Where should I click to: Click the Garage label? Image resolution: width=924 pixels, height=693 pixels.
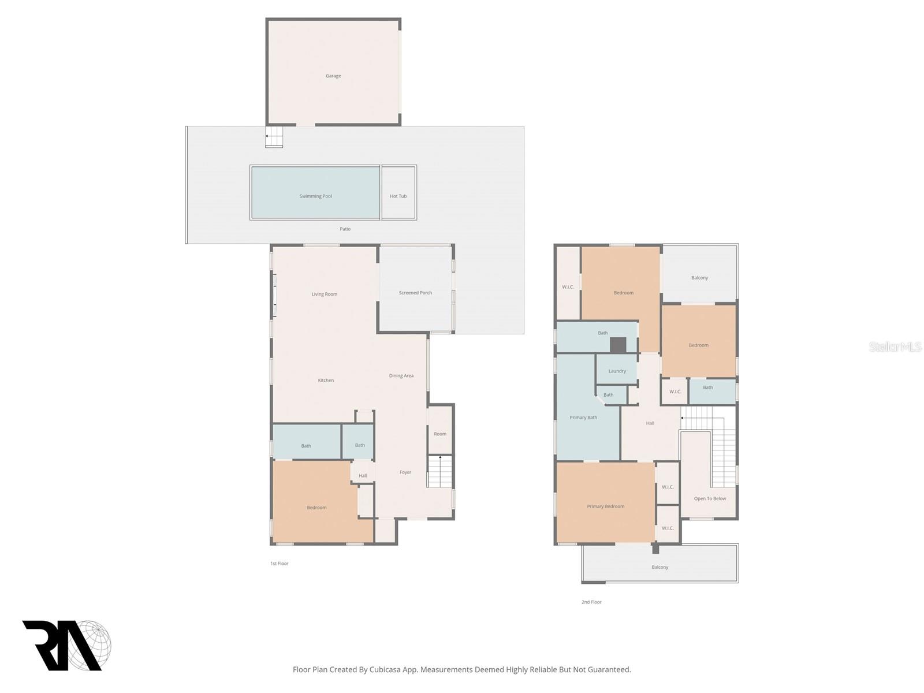pyautogui.click(x=333, y=76)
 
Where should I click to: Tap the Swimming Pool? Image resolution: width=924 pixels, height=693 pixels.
pyautogui.click(x=315, y=196)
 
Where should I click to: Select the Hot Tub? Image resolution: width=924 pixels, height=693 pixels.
pyautogui.click(x=398, y=196)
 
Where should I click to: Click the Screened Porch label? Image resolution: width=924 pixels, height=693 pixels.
pyautogui.click(x=415, y=293)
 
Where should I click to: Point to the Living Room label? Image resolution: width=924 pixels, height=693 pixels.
pyautogui.click(x=324, y=294)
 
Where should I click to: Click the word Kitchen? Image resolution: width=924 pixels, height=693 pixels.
pyautogui.click(x=326, y=380)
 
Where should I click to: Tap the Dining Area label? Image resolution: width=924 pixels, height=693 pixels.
pyautogui.click(x=401, y=375)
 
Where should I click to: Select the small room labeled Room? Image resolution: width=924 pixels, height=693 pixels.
pyautogui.click(x=440, y=434)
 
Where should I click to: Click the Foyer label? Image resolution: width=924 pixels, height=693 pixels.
pyautogui.click(x=405, y=472)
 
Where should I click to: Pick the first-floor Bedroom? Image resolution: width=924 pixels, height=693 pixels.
pyautogui.click(x=316, y=507)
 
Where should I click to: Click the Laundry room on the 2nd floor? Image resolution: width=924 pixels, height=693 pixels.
pyautogui.click(x=617, y=371)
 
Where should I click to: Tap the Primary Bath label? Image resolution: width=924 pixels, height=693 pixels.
pyautogui.click(x=583, y=417)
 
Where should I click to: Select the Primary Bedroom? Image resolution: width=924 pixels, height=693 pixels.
pyautogui.click(x=605, y=506)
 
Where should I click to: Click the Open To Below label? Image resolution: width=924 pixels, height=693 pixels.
pyautogui.click(x=710, y=498)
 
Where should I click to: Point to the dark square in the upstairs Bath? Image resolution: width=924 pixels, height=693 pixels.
pyautogui.click(x=618, y=345)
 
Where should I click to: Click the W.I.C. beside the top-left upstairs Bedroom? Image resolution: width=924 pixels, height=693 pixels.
pyautogui.click(x=568, y=286)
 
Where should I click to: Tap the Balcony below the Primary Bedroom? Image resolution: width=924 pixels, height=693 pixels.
pyautogui.click(x=660, y=567)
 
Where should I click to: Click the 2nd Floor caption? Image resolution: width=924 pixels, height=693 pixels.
pyautogui.click(x=591, y=602)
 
